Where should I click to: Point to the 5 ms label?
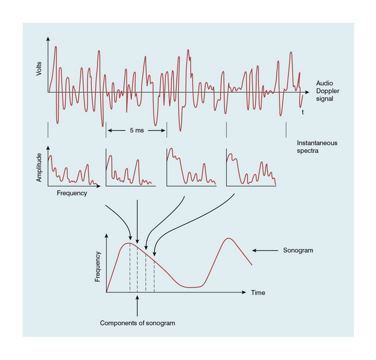coord(137,131)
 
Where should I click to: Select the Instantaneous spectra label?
coord(317,146)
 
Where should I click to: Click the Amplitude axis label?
coord(39,168)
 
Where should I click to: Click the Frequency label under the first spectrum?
coord(72,193)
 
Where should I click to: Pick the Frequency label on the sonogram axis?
coord(98,266)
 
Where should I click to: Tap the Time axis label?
coord(258,293)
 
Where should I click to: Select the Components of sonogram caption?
coord(137,323)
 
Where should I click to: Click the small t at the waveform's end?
coord(303,112)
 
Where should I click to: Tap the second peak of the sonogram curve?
coord(229,238)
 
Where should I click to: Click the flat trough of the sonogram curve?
coord(193,287)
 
